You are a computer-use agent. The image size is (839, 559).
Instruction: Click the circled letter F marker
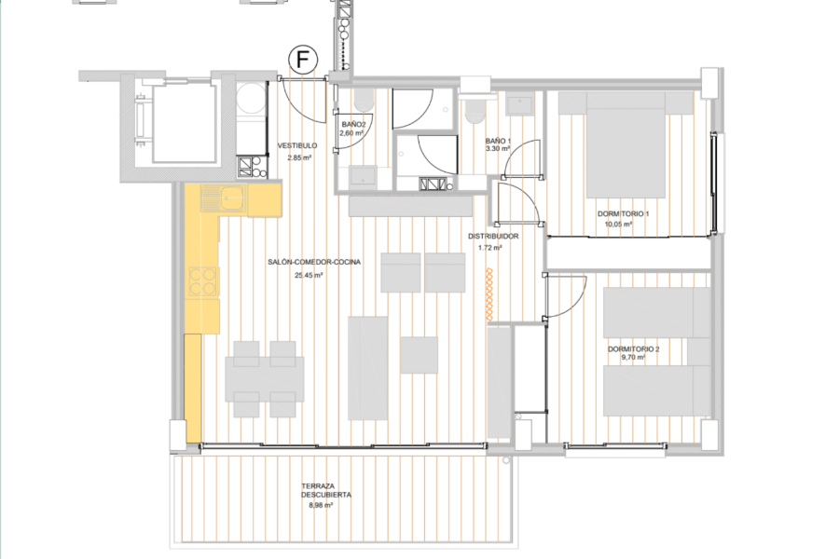303,60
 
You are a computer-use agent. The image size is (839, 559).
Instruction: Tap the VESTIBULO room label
297,145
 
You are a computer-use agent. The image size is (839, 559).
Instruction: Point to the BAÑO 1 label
498,142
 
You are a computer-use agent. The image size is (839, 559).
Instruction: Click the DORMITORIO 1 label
623,214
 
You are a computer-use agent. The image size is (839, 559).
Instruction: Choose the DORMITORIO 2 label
633,349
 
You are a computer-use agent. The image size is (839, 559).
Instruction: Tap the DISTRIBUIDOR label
493,236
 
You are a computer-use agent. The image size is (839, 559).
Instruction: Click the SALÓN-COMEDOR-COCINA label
314,262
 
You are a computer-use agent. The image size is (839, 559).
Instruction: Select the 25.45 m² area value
309,276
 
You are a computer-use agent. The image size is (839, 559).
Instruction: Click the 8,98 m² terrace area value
321,504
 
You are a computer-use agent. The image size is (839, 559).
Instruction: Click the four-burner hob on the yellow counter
203,280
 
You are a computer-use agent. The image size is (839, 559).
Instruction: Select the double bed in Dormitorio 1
626,144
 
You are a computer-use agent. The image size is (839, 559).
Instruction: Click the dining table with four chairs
265,379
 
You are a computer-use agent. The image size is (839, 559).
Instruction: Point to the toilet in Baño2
364,100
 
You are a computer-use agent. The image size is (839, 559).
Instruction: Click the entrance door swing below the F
303,100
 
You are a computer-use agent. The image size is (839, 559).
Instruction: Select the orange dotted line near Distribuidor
489,294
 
